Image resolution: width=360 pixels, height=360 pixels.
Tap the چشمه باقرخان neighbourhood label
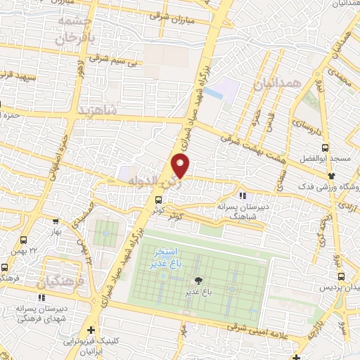tap(73, 29)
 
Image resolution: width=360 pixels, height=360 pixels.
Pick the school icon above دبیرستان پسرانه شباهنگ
tap(242, 195)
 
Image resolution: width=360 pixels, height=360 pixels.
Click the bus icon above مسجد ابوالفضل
tap(324, 148)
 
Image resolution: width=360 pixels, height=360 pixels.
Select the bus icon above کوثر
tap(158, 200)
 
